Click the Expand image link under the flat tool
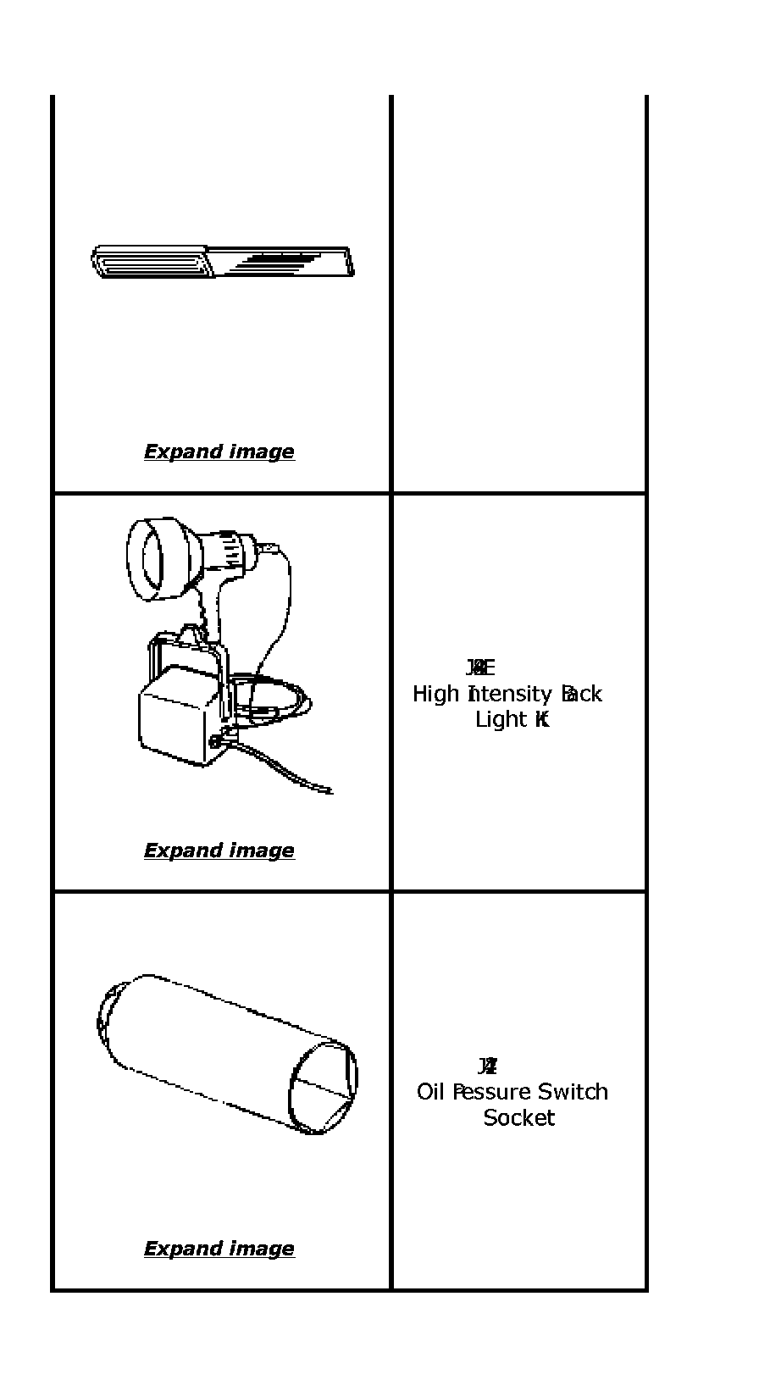(x=219, y=452)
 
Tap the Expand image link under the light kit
(x=219, y=850)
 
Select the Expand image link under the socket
(x=219, y=1249)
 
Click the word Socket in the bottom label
(x=519, y=1118)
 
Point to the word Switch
(x=573, y=1092)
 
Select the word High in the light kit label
(x=435, y=695)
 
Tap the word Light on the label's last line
(x=501, y=720)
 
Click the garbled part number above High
(x=479, y=668)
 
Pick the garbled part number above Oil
(x=487, y=1066)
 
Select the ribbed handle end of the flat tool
(x=148, y=262)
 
